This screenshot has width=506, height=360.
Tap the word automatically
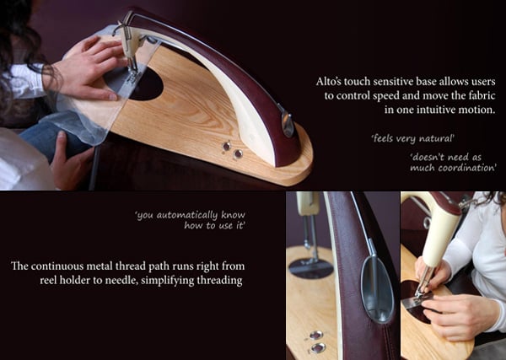187,215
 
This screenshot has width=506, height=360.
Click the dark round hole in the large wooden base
145,85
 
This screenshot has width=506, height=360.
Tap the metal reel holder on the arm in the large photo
287,121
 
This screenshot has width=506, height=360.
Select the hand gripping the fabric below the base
68,161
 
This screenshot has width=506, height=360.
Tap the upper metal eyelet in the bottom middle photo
316,336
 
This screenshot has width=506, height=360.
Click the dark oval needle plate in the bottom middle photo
311,268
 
